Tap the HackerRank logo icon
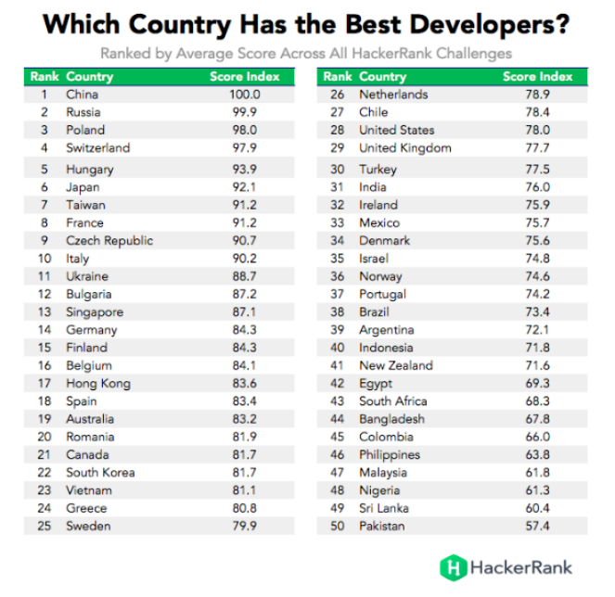[x=452, y=565]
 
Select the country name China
[x=82, y=95]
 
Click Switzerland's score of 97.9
[x=245, y=148]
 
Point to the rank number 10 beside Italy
[x=44, y=259]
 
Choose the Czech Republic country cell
[x=109, y=241]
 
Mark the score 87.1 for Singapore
[x=245, y=312]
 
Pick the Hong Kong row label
[x=98, y=384]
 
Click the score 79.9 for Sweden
[x=245, y=527]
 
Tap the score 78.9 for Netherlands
[x=538, y=95]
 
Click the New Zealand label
[x=395, y=366]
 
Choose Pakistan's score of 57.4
[x=538, y=527]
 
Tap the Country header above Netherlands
[x=382, y=76]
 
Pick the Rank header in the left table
[x=45, y=76]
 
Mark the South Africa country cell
[x=393, y=401]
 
